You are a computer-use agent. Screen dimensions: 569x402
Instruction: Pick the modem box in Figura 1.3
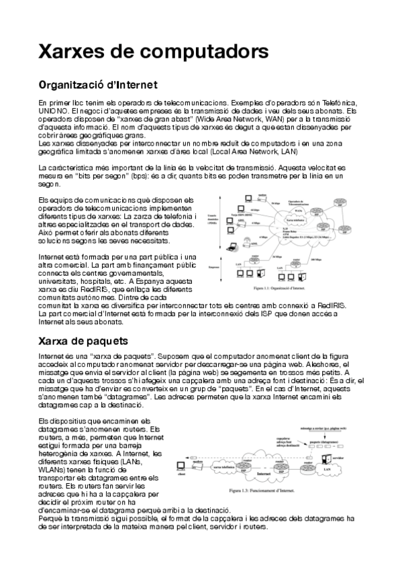click(197, 463)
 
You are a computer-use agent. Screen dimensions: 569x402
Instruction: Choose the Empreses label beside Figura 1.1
click(215, 266)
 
